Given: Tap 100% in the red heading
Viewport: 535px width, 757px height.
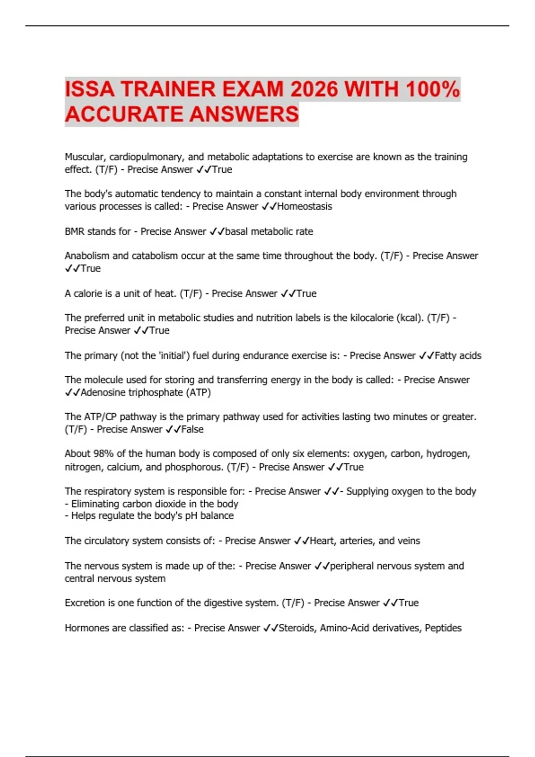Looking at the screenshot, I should coord(432,89).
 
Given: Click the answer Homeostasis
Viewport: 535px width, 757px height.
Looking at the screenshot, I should coord(305,207).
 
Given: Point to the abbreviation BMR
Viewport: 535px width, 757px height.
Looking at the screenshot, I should coord(74,232).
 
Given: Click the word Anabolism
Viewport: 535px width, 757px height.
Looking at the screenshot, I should coord(87,256).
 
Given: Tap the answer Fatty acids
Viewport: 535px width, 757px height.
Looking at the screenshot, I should coord(458,356).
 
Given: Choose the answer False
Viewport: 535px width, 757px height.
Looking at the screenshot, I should coord(192,430).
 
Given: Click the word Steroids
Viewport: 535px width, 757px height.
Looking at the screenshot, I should coord(296,628).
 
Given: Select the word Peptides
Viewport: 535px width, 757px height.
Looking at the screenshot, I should coord(443,628).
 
